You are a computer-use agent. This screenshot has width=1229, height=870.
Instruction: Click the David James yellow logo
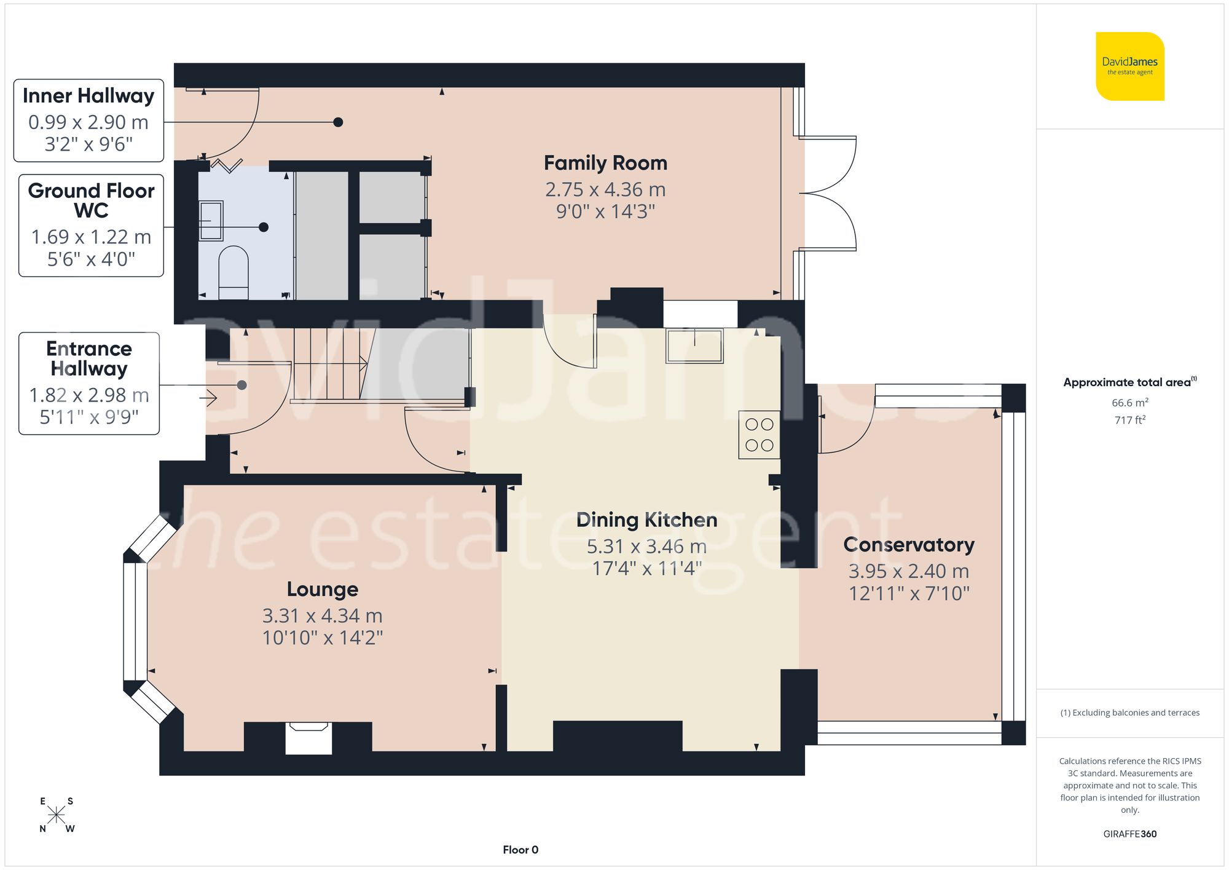[x=1129, y=66]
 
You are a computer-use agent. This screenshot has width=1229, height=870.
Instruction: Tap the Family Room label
[x=605, y=163]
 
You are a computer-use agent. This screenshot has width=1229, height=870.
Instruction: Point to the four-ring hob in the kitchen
[x=759, y=435]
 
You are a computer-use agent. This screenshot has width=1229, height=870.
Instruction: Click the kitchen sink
[x=694, y=346]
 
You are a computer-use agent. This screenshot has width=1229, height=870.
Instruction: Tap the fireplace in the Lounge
[x=308, y=737]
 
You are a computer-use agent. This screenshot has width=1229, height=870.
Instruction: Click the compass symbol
[x=56, y=815]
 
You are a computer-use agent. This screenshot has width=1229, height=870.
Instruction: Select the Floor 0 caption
[x=520, y=850]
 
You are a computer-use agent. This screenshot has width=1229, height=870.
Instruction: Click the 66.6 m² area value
[x=1129, y=403]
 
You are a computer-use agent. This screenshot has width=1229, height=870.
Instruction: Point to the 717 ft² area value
[x=1129, y=420]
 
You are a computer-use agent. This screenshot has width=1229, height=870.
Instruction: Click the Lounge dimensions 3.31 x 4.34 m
[x=322, y=615]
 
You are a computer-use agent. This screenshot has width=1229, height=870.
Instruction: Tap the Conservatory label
[x=908, y=545]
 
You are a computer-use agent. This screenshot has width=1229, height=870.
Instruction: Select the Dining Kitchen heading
[x=646, y=520]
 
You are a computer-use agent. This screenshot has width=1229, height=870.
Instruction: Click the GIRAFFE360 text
[x=1129, y=834]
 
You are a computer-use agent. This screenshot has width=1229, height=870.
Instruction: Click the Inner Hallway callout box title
[x=88, y=96]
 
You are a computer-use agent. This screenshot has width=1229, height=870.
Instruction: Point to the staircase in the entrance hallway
[x=329, y=364]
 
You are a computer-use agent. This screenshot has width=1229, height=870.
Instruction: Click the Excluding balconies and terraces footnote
[x=1129, y=713]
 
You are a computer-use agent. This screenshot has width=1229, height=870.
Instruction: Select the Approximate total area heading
[x=1128, y=382]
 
